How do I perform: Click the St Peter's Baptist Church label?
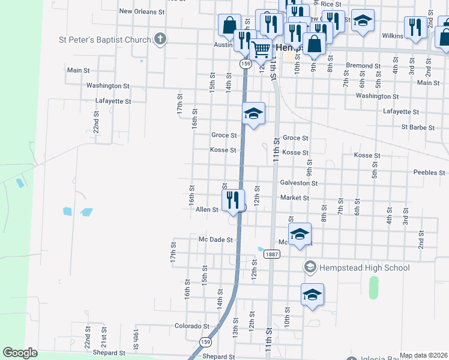(x=104, y=40)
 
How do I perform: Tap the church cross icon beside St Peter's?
(x=160, y=40)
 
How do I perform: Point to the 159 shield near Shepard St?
(x=206, y=342)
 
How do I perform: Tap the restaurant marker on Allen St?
(x=234, y=200)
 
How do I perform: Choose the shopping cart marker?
(x=260, y=50)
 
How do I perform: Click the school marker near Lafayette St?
(x=254, y=113)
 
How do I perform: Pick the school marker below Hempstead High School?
(x=312, y=294)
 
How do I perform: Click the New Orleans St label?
(x=142, y=11)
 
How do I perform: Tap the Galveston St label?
(x=298, y=182)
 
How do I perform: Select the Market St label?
(x=294, y=197)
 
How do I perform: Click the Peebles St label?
(x=429, y=172)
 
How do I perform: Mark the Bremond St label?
(x=364, y=65)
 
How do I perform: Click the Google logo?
(x=20, y=353)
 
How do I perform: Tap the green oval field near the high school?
(x=374, y=287)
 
